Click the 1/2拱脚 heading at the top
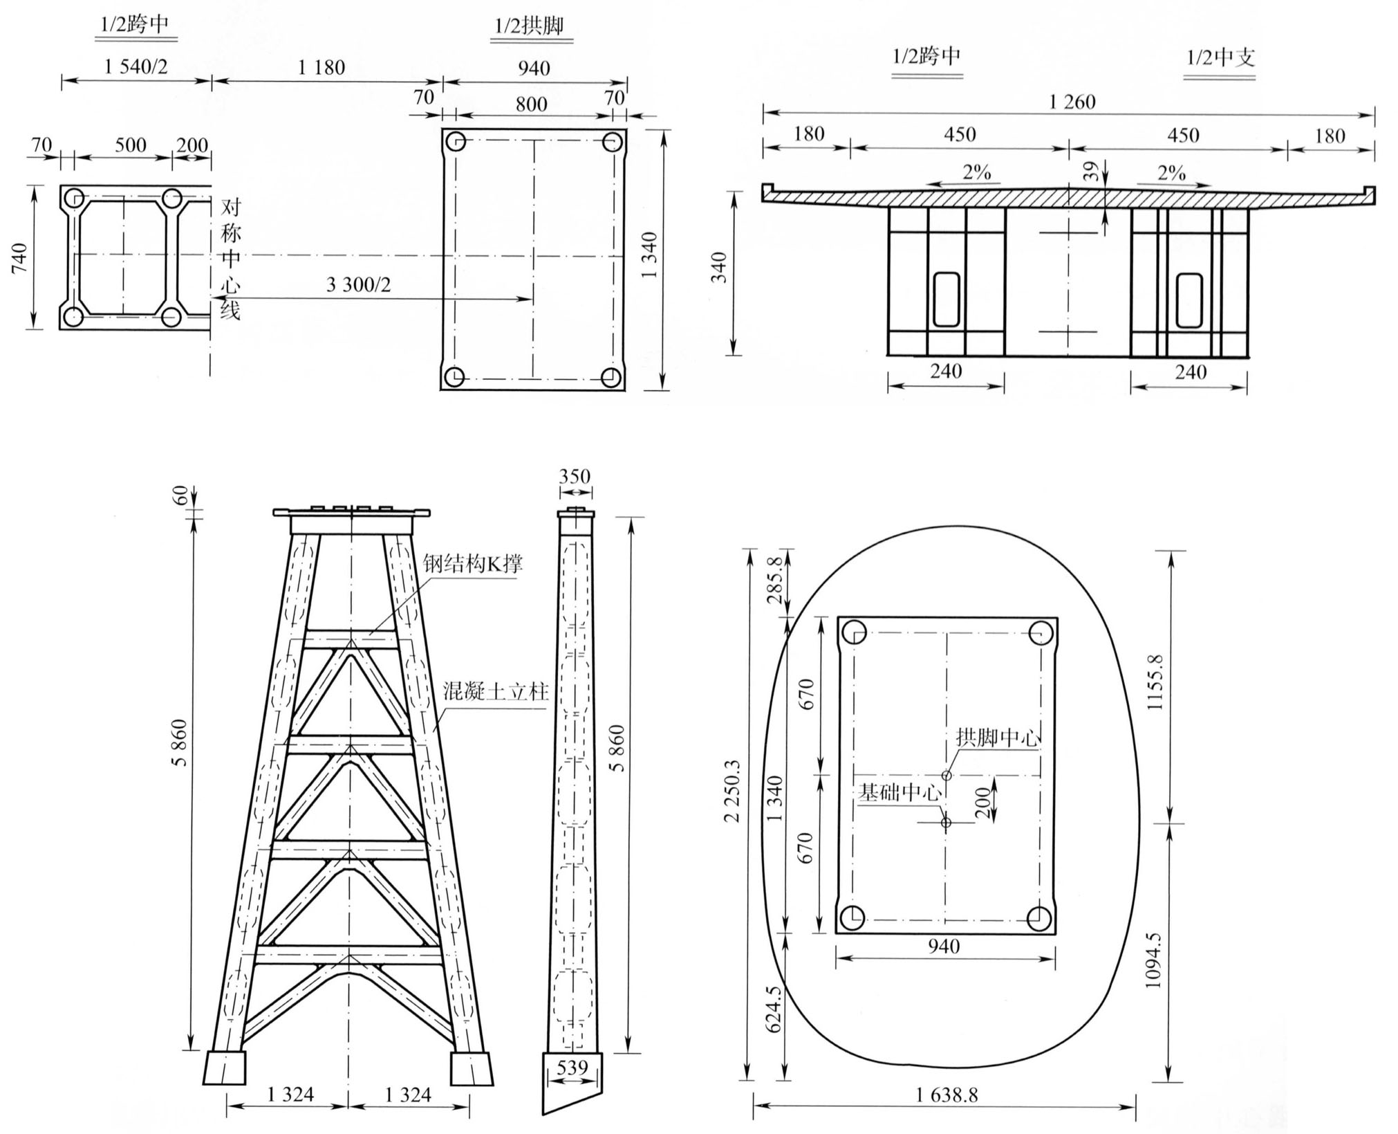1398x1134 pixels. click(x=529, y=26)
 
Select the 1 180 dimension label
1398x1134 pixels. click(x=321, y=68)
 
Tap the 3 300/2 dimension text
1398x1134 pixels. click(x=358, y=284)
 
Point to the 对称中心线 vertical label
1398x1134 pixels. click(x=230, y=259)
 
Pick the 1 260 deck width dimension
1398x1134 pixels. click(x=1072, y=102)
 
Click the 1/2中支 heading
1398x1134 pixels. click(x=1220, y=57)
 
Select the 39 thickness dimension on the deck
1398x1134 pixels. click(x=1091, y=171)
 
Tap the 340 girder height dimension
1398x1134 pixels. click(x=719, y=267)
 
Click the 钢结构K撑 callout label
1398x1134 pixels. click(x=473, y=563)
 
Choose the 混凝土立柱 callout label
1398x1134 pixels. click(x=496, y=691)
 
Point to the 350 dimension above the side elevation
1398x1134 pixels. click(x=575, y=476)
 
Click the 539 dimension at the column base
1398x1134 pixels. click(x=572, y=1067)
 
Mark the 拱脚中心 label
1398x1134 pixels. click(x=997, y=738)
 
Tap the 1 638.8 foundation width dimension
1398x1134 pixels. click(x=947, y=1095)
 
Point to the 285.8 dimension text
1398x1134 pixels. click(x=776, y=580)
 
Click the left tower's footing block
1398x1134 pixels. click(x=225, y=1068)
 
